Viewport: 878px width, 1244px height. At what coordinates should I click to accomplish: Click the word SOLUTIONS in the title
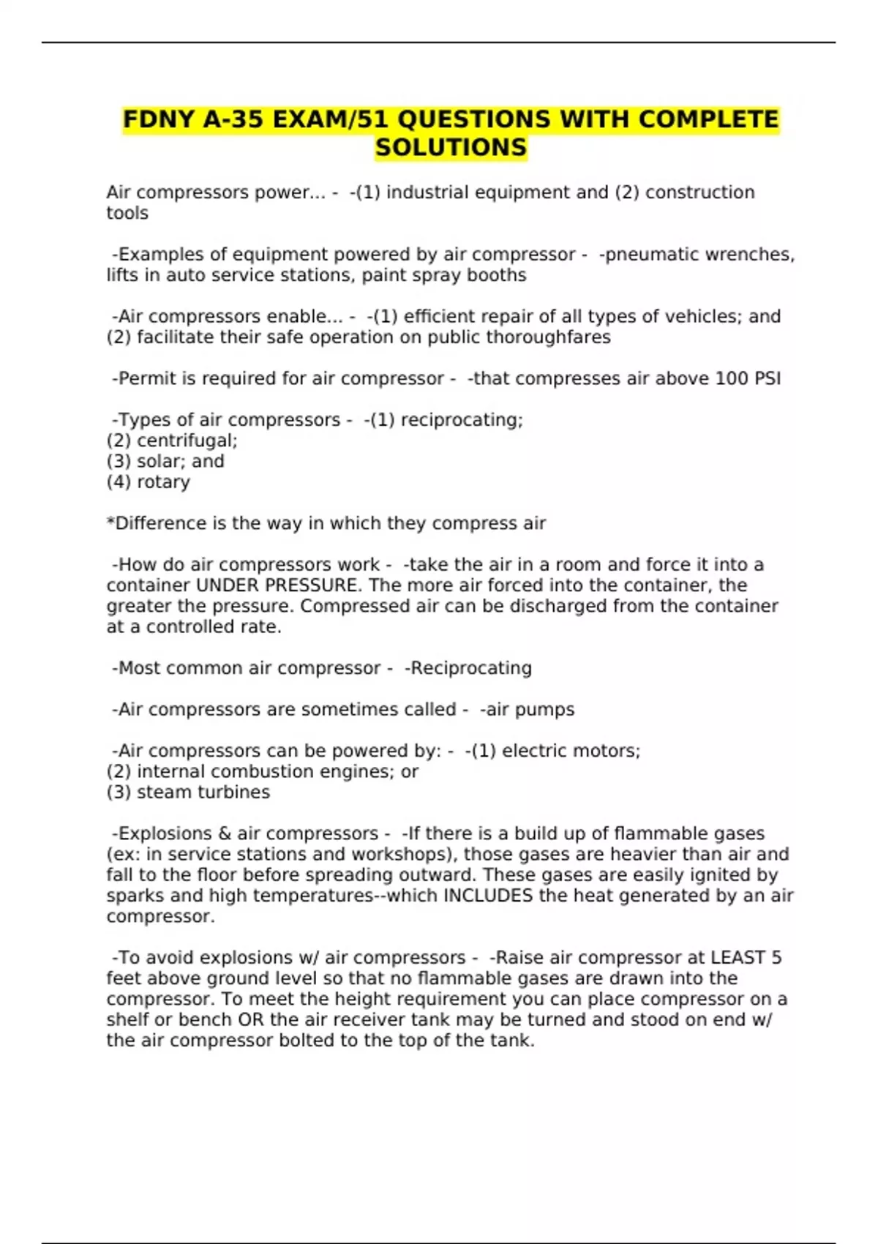[x=451, y=147]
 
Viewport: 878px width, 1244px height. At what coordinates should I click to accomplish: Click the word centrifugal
[x=187, y=441]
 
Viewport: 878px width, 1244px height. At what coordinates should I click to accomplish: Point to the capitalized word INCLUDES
[x=488, y=896]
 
